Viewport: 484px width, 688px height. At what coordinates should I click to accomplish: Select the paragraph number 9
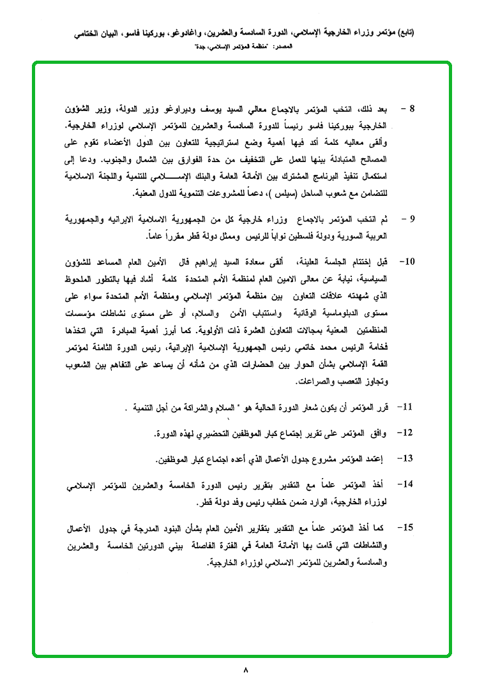tap(412, 220)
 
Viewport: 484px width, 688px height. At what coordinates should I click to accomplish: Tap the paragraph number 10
tap(406, 262)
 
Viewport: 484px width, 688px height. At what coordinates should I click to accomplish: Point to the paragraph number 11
tap(406, 407)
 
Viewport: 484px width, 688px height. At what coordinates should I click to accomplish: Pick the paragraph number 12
tap(406, 433)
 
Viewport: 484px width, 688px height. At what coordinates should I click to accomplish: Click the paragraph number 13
tap(406, 458)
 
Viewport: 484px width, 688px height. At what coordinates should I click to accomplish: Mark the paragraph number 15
tap(406, 528)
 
